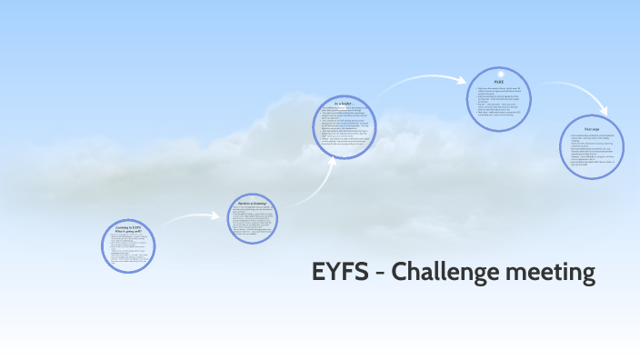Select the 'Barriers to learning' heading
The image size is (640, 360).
(252, 203)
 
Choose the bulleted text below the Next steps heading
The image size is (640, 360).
(592, 150)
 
